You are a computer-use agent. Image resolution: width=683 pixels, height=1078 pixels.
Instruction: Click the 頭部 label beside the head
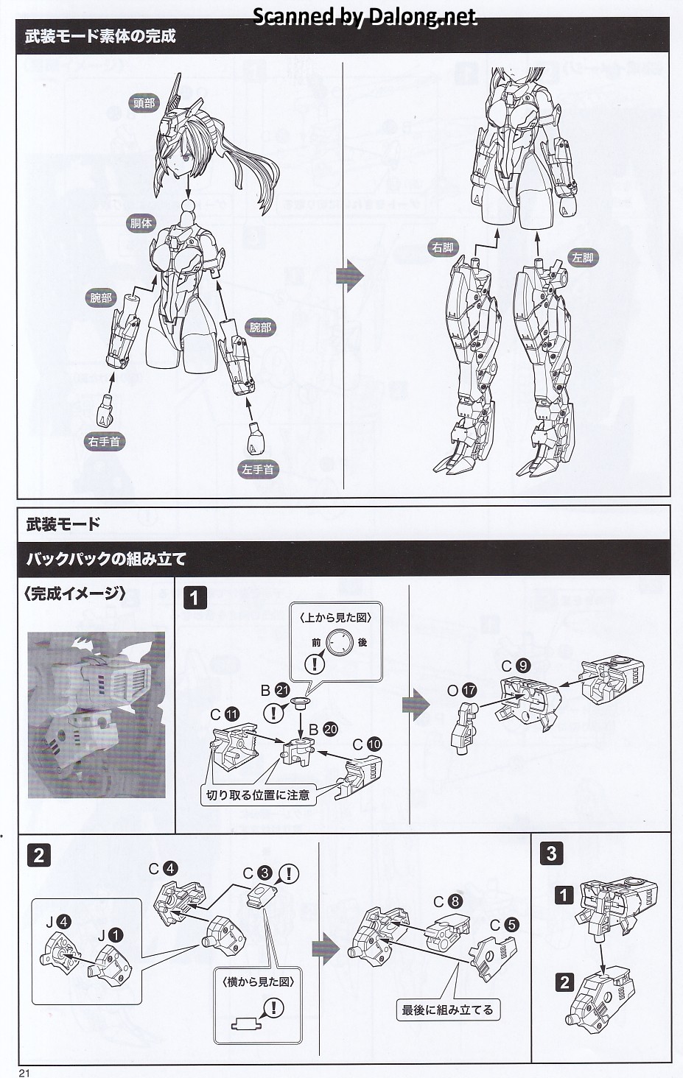(x=144, y=103)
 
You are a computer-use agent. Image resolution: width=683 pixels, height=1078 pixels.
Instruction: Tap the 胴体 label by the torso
(x=141, y=222)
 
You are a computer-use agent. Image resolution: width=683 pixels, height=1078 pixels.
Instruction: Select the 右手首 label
(x=104, y=442)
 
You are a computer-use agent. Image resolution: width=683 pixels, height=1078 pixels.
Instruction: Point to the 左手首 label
(x=258, y=469)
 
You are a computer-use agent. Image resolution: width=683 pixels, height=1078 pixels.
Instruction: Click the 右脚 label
(x=444, y=247)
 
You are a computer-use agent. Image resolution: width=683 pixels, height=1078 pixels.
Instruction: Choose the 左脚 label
(x=581, y=258)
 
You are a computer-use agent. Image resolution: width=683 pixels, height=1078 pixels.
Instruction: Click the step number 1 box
(x=195, y=597)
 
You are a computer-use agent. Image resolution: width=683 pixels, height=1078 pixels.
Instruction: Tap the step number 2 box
(x=39, y=855)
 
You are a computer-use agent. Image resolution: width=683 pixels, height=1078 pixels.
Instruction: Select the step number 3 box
(x=551, y=853)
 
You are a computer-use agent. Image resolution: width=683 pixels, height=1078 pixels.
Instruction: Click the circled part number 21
(x=282, y=690)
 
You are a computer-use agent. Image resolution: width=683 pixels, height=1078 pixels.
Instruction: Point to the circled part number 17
(x=469, y=691)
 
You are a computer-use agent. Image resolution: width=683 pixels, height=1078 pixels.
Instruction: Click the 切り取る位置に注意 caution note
(x=258, y=795)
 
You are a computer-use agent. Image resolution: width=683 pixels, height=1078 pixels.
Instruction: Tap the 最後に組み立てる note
(x=447, y=1010)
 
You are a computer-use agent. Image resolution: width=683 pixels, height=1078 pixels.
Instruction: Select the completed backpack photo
(x=97, y=714)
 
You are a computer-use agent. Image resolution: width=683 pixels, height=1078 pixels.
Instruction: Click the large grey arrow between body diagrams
(x=350, y=276)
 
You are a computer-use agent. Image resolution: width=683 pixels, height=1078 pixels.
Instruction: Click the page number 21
(x=24, y=1072)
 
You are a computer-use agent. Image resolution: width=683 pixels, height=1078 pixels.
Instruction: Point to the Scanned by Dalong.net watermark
(x=365, y=16)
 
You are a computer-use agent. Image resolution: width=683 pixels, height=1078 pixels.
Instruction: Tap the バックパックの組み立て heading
(x=106, y=559)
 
